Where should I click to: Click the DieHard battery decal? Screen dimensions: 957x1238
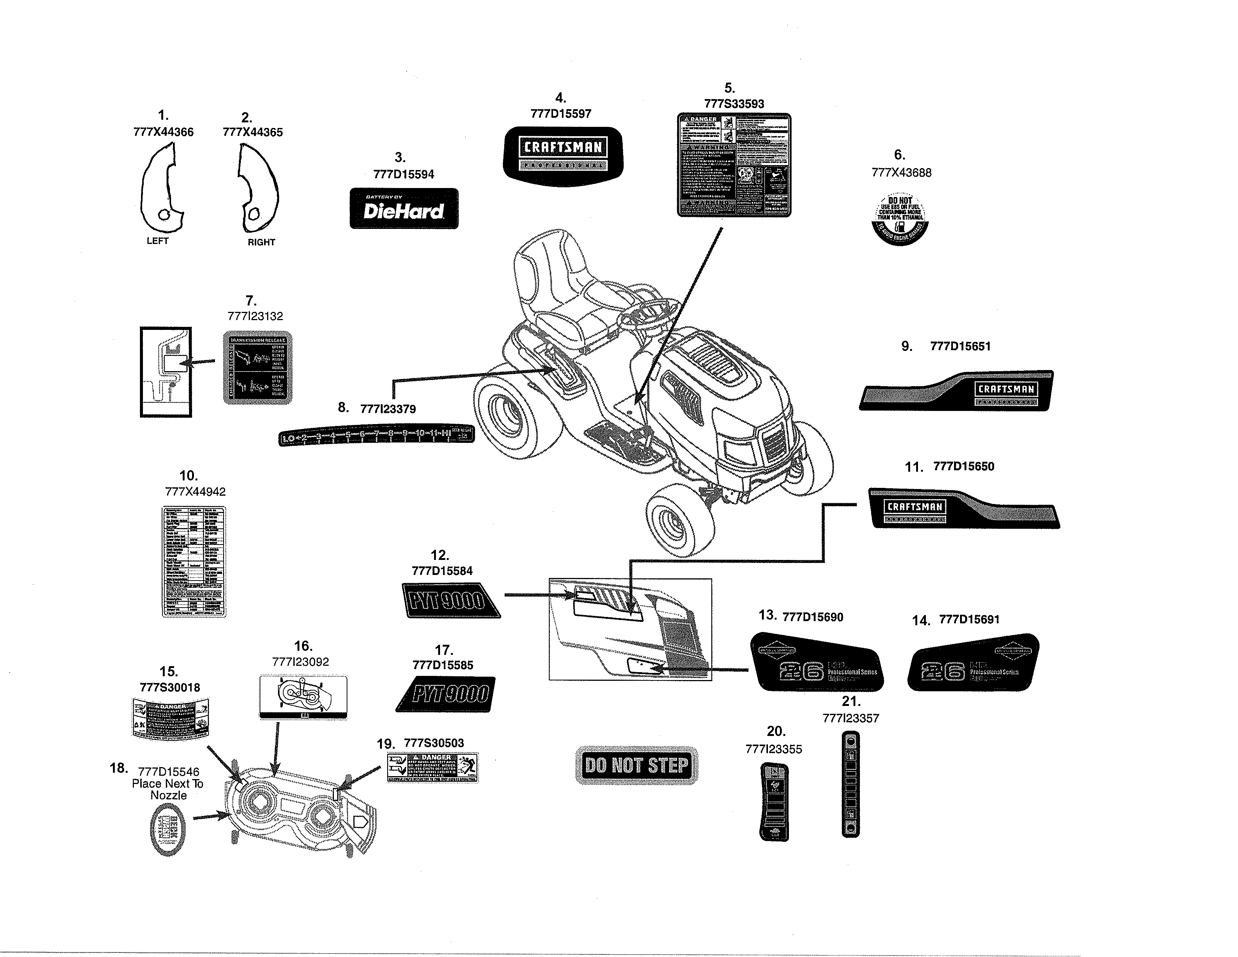(x=404, y=209)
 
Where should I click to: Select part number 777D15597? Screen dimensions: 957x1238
(x=560, y=113)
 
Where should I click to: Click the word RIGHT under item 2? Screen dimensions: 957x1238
(x=261, y=242)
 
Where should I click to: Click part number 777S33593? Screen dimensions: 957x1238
(x=733, y=104)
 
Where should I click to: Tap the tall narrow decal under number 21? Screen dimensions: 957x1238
(x=850, y=784)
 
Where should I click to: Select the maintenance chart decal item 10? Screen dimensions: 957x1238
(x=194, y=561)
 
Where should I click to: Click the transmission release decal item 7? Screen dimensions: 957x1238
(x=257, y=368)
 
